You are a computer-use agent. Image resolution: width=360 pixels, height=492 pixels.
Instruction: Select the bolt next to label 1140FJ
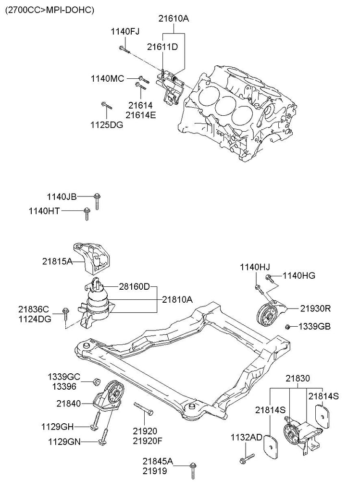124,48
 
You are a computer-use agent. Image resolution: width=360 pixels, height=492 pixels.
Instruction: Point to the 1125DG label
107,124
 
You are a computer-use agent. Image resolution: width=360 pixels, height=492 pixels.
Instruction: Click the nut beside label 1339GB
287,327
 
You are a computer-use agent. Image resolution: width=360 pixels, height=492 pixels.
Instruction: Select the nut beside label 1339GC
96,382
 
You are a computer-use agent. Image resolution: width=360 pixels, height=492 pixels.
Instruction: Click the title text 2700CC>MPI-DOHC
49,9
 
